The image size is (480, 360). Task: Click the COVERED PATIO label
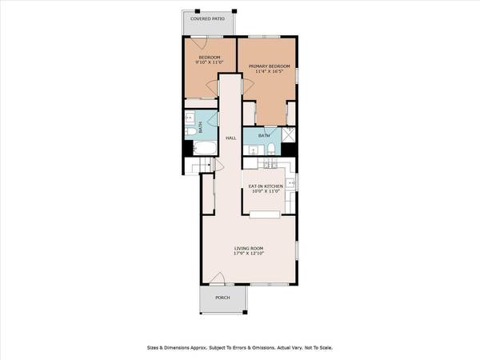pos(208,18)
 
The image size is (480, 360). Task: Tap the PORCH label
pos(222,298)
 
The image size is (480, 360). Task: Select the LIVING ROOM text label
pos(249,248)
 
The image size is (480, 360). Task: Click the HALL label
pos(230,138)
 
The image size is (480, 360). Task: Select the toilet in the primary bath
pos(272,150)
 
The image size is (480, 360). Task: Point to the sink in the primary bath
pos(254,150)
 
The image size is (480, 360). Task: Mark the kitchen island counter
pos(265,214)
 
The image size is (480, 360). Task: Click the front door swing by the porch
pos(217,279)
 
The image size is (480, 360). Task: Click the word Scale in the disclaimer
pos(324,348)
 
